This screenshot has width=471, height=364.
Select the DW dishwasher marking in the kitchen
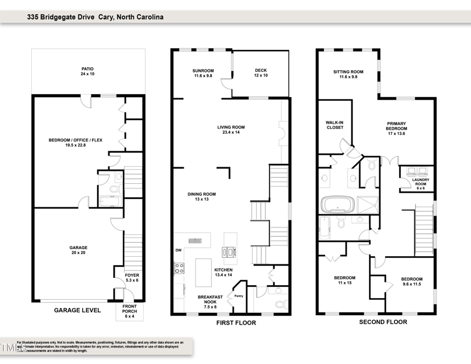(178, 250)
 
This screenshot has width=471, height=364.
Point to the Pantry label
(239, 296)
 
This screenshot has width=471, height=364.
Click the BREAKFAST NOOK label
(207, 301)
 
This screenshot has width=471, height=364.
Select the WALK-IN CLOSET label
(334, 125)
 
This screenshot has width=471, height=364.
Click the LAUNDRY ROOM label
(420, 183)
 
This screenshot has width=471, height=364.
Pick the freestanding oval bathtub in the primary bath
(336, 206)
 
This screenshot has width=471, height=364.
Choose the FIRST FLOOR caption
(231, 323)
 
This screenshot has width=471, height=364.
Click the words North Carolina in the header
(140, 18)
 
